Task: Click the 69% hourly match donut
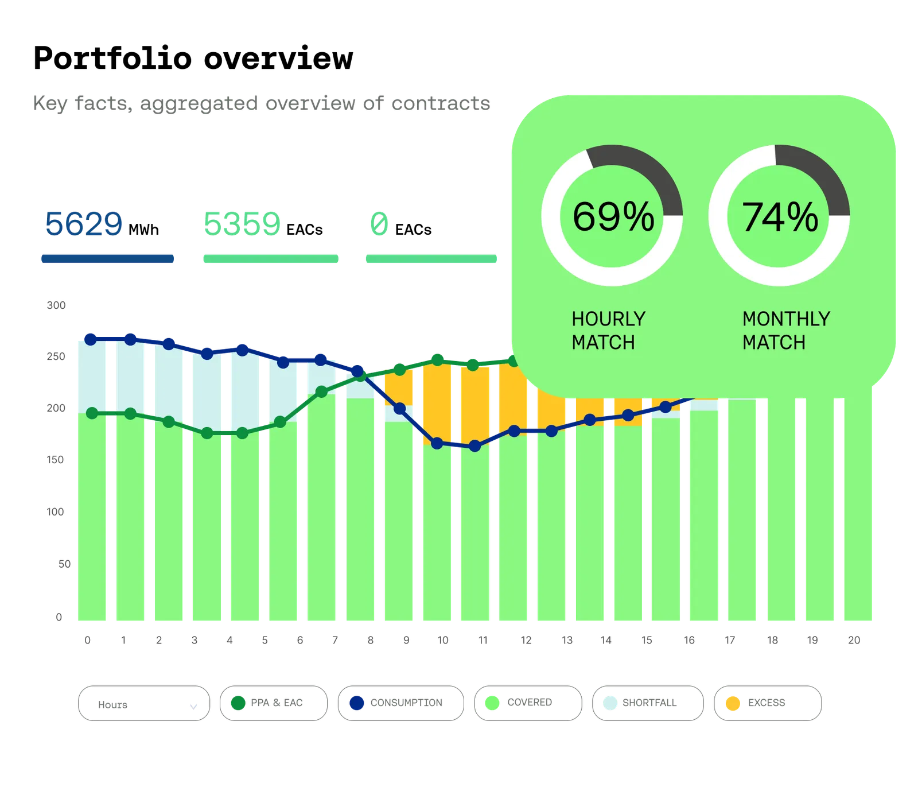pos(612,215)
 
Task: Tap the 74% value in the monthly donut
pos(780,217)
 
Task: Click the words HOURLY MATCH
pos(608,330)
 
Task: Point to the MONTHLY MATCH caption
pos(785,330)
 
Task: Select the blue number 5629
pos(84,223)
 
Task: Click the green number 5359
pos(242,223)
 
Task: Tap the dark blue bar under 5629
pos(107,259)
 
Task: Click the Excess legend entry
pos(768,702)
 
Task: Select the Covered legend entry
pos(527,702)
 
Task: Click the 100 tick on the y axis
pos(56,511)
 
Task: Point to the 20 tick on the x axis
pos(855,641)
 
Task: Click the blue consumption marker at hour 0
pos(90,339)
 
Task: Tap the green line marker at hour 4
pos(242,433)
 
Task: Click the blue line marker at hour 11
pos(474,446)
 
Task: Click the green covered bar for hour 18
pos(781,511)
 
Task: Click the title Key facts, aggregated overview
pos(261,103)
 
